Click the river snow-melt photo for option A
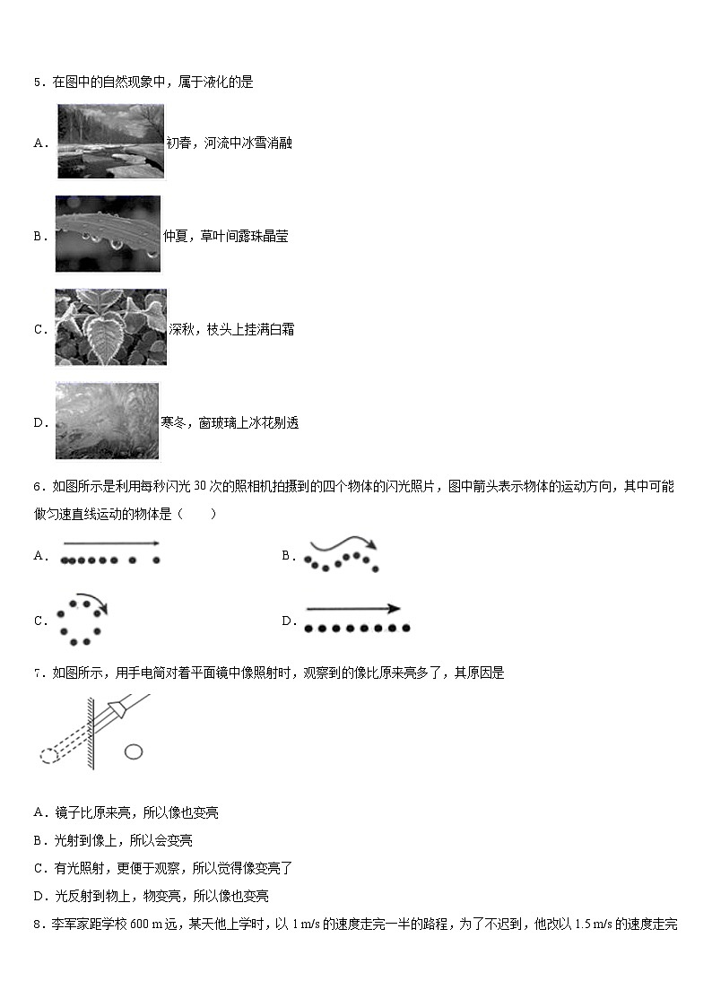pos(111,142)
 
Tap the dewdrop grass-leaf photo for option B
pos(108,234)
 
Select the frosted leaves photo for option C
pos(111,327)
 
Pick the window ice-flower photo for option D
pos(107,421)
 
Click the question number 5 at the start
pos(38,82)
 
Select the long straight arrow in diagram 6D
pos(352,608)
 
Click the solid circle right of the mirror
pos(134,751)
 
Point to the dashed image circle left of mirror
pos(48,755)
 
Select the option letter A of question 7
pos(39,813)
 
